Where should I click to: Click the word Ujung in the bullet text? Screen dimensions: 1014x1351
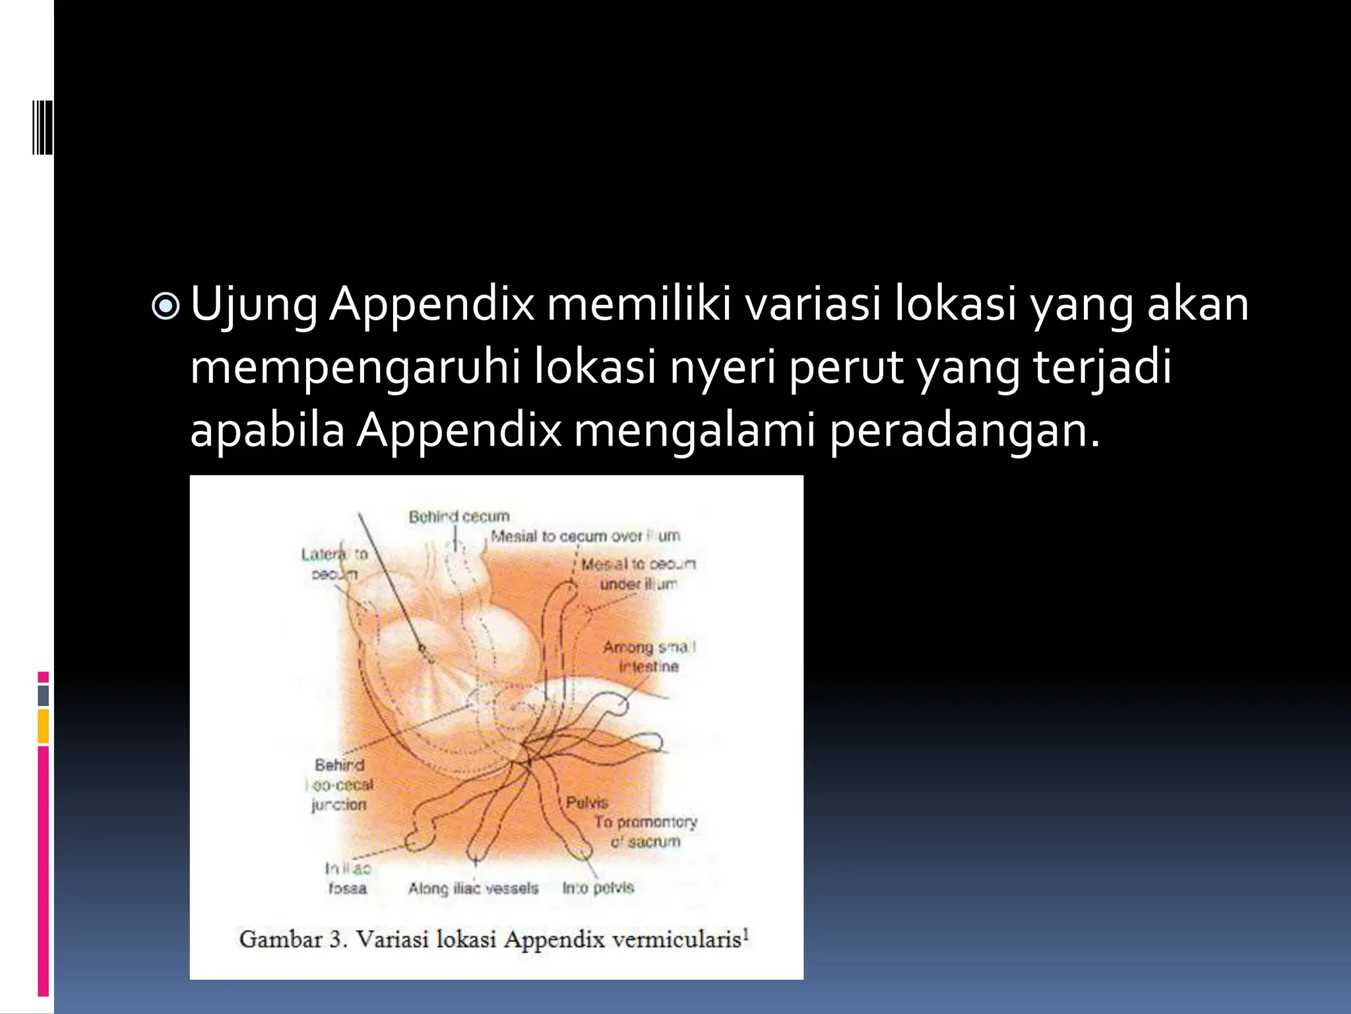coord(254,305)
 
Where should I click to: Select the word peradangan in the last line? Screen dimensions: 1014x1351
coord(964,430)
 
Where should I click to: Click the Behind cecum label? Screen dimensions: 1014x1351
coord(459,516)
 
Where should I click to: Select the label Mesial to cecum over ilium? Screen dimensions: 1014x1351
coord(584,536)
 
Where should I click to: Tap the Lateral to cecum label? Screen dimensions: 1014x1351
coord(334,564)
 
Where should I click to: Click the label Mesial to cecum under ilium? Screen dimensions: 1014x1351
coord(638,574)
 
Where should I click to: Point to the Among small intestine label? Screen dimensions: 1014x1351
coord(648,656)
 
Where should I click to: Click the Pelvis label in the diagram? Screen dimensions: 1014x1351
coord(586,803)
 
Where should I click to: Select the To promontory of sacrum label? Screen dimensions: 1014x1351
coord(645,832)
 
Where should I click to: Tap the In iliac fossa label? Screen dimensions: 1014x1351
coord(348,878)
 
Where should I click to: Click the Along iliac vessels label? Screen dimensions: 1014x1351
coord(473,889)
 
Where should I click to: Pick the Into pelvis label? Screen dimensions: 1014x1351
coord(598,889)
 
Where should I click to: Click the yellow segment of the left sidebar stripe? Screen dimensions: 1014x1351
coord(44,726)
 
